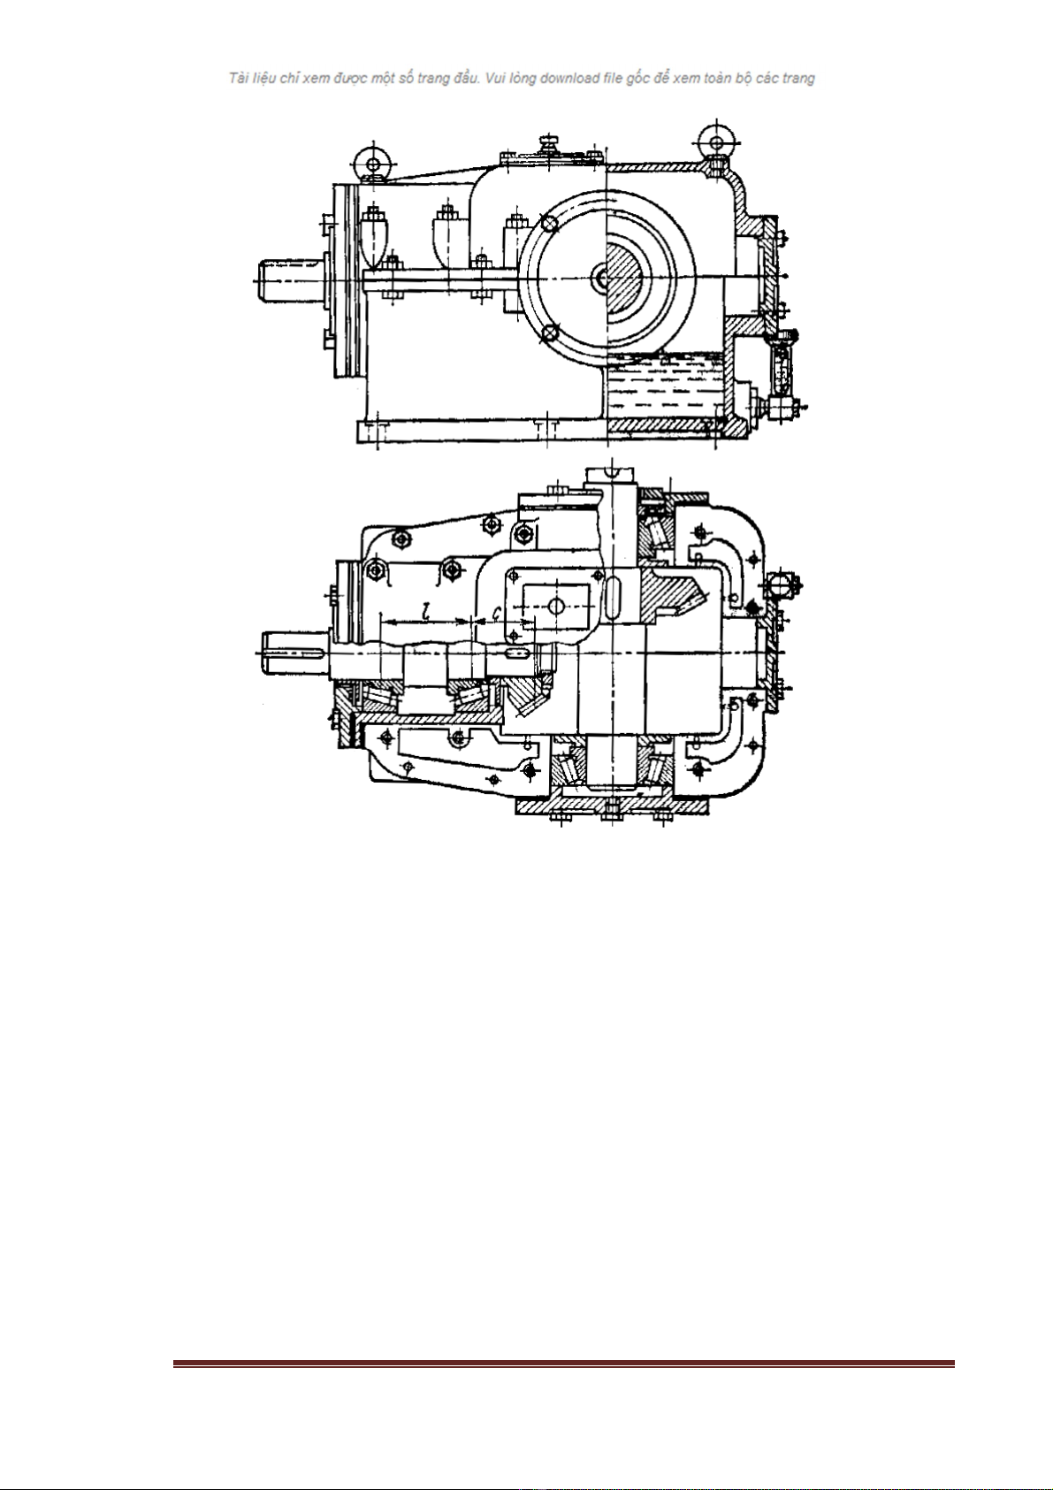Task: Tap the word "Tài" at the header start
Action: click(x=238, y=79)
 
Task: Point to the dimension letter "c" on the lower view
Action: click(x=496, y=613)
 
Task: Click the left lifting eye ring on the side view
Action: click(x=372, y=164)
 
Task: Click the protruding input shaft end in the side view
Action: click(x=292, y=279)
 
